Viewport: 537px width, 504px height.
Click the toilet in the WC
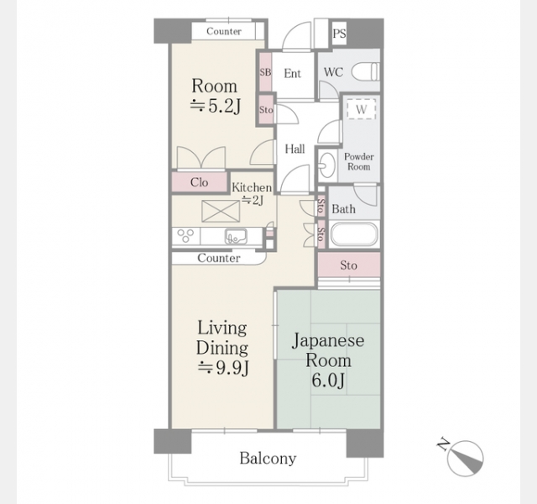pyautogui.click(x=366, y=71)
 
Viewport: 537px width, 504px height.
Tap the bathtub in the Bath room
pyautogui.click(x=354, y=234)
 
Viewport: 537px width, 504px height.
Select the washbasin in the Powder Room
pyautogui.click(x=326, y=165)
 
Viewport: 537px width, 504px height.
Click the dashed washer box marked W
pyautogui.click(x=361, y=109)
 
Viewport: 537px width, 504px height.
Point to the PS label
pyautogui.click(x=339, y=34)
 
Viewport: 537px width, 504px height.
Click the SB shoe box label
pyautogui.click(x=265, y=72)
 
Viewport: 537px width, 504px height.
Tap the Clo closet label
pyautogui.click(x=200, y=182)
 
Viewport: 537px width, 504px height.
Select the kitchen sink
pyautogui.click(x=236, y=236)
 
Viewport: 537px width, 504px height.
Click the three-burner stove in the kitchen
pyautogui.click(x=185, y=236)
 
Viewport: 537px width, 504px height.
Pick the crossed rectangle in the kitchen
pyautogui.click(x=221, y=211)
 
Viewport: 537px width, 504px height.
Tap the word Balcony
pyautogui.click(x=268, y=459)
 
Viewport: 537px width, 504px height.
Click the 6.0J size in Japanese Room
pyautogui.click(x=328, y=381)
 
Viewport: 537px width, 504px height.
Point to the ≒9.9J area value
pyautogui.click(x=223, y=368)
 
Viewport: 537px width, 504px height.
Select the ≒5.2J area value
pyautogui.click(x=216, y=106)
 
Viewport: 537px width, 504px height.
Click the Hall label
pyautogui.click(x=295, y=150)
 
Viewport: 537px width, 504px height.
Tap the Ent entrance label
pyautogui.click(x=293, y=73)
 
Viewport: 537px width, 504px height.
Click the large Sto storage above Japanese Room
pyautogui.click(x=349, y=265)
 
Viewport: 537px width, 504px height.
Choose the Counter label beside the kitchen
pyautogui.click(x=219, y=258)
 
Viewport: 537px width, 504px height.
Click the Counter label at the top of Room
pyautogui.click(x=224, y=31)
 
